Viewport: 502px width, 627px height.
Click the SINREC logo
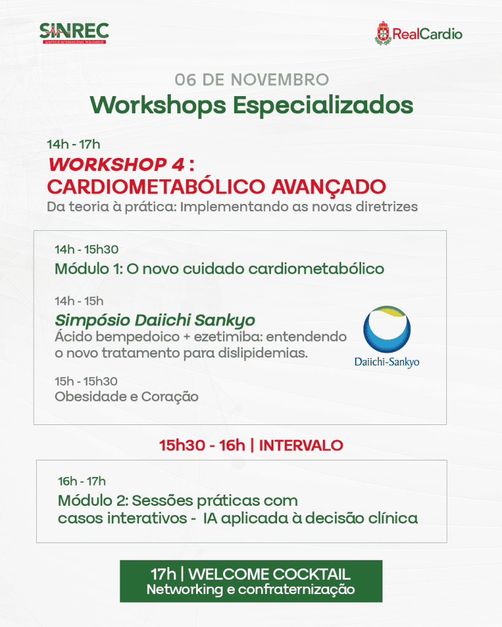[x=74, y=33]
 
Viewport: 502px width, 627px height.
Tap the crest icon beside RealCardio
[x=383, y=33]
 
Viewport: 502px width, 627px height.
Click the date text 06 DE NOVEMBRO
[x=252, y=80]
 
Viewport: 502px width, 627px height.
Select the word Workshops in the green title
[x=158, y=106]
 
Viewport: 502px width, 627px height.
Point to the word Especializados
[x=323, y=106]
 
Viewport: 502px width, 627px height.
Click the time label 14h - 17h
[x=74, y=145]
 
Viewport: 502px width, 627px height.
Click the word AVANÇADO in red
[x=329, y=187]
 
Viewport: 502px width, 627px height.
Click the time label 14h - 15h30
[x=86, y=250]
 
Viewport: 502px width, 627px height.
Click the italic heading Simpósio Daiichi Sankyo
[x=155, y=320]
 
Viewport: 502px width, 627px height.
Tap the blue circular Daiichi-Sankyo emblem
[x=387, y=329]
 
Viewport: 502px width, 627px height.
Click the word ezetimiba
[x=228, y=337]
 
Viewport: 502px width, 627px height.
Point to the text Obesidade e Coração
[x=126, y=397]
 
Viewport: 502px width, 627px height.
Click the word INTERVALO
[x=301, y=446]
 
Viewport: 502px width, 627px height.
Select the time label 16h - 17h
[x=82, y=481]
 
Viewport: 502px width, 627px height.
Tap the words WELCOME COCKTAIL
[x=270, y=574]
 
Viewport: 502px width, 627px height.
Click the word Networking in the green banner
[x=184, y=590]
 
